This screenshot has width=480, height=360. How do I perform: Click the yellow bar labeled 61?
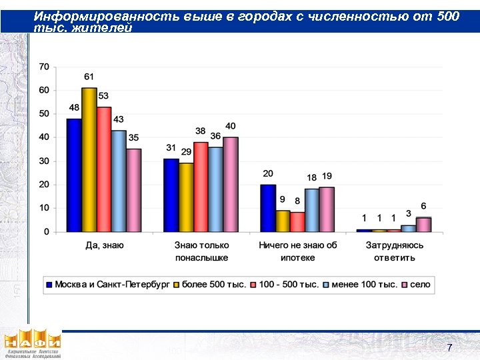[89, 160]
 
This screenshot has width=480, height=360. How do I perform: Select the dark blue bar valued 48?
[73, 175]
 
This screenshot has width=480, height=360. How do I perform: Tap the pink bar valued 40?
[231, 185]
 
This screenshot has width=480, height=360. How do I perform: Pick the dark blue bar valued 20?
[268, 208]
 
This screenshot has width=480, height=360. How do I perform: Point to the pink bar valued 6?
[424, 225]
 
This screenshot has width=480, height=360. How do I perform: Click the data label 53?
[103, 96]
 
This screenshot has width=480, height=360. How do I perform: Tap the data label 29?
[186, 152]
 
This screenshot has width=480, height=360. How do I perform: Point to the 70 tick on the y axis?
[43, 67]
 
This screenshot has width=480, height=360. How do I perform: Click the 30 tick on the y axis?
[43, 161]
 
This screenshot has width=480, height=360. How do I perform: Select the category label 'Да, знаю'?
[105, 245]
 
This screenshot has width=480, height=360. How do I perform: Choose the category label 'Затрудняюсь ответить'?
[394, 251]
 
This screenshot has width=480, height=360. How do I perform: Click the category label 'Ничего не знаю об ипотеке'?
[298, 251]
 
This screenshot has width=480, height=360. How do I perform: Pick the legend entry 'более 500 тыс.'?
[211, 285]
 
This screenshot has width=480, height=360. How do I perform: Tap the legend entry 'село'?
[420, 285]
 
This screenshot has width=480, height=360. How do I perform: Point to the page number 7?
[449, 348]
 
